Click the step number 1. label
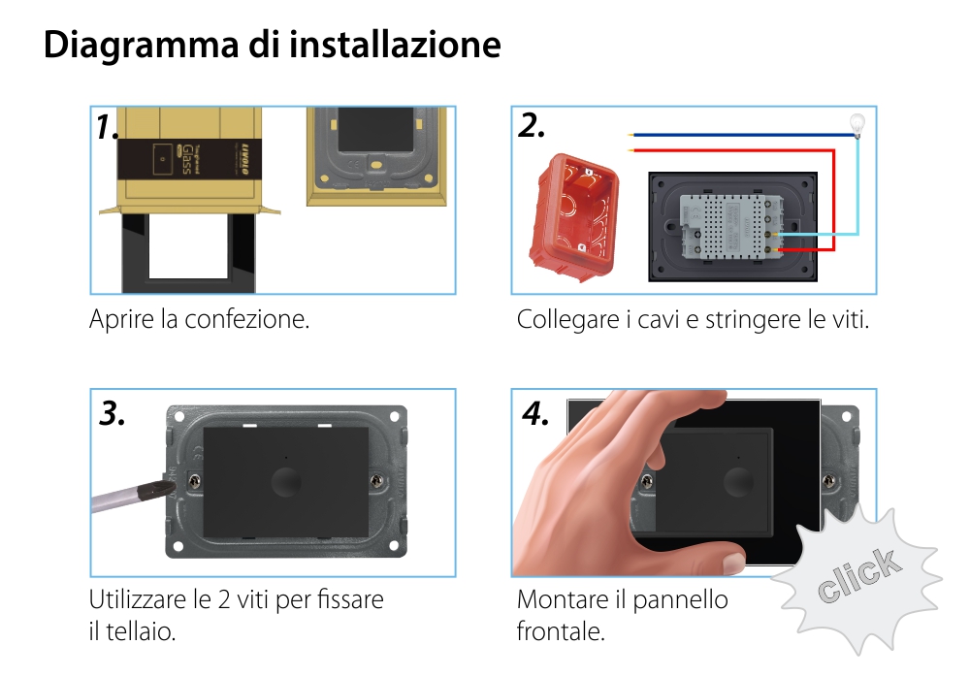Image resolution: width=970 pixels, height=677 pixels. tap(107, 127)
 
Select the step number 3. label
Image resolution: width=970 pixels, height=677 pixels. tap(113, 414)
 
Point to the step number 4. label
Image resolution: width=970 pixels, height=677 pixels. tap(535, 414)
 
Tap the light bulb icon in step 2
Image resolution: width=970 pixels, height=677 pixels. tap(857, 123)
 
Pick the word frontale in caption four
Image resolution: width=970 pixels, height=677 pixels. tap(561, 632)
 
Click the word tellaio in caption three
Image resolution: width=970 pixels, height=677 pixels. tap(141, 632)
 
